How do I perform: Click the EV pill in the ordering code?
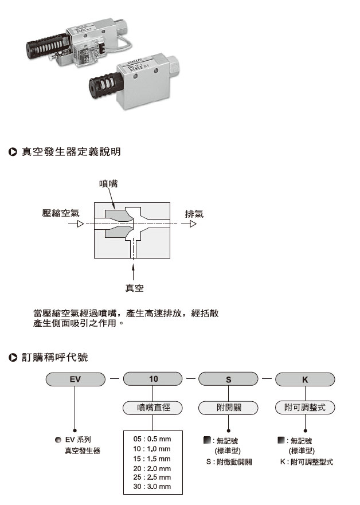76,379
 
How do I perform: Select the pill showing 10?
153,379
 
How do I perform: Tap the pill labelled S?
228,379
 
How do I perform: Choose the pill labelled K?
305,379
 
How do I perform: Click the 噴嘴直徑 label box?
153,408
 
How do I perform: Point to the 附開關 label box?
228,408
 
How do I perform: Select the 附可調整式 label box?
305,408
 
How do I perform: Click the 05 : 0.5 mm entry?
151,439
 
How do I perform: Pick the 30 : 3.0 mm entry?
151,487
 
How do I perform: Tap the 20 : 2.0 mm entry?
151,468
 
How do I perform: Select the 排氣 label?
194,213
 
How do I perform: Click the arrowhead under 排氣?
194,224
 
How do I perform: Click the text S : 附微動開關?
229,461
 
